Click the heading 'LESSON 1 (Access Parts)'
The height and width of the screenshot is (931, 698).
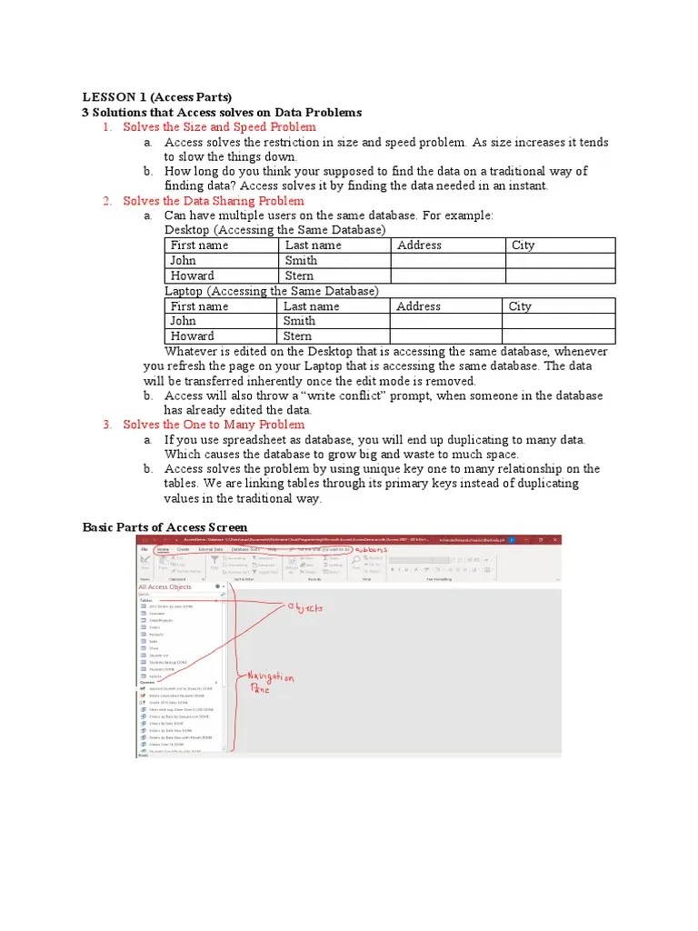157,97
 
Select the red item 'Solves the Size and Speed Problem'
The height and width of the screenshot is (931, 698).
219,127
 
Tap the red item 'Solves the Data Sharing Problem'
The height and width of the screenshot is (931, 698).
213,201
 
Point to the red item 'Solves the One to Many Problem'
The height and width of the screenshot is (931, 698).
213,425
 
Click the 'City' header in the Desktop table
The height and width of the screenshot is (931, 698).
523,245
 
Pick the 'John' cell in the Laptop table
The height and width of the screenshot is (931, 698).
183,321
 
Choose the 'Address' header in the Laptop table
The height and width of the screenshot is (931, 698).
418,306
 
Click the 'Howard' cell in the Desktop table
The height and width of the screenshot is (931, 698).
193,275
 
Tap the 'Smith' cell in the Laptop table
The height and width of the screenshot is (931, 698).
300,321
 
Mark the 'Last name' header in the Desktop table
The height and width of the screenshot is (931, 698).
314,245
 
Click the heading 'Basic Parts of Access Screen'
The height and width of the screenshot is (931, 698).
165,527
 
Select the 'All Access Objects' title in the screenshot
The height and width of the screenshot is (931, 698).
165,587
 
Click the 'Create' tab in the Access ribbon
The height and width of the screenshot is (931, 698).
184,550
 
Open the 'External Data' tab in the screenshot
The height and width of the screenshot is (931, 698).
211,550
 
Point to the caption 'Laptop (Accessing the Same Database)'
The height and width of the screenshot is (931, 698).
271,291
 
